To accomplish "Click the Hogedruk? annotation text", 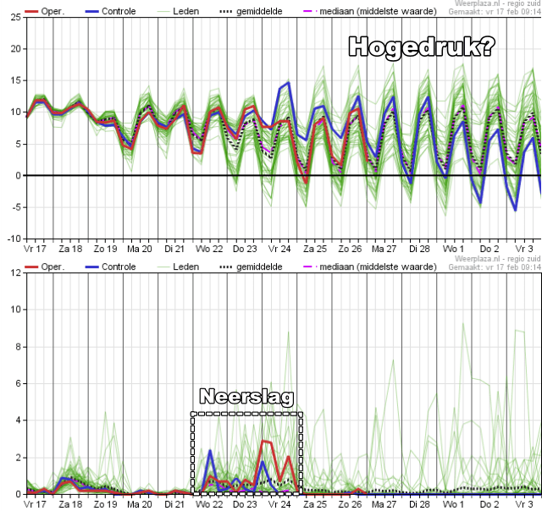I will [422, 47].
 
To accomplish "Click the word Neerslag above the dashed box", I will [246, 397].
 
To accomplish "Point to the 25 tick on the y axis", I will [16, 18].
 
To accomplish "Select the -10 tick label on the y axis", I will [14, 239].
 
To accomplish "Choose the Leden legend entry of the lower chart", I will [185, 266].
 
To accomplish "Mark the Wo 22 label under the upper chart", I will [209, 250].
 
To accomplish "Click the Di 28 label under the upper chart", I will [420, 250].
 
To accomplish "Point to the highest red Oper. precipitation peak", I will [265, 441].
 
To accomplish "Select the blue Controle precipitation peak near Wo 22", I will [209, 451].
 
